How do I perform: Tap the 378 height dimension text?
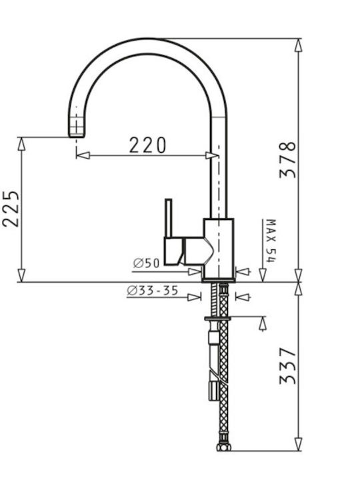click(288, 159)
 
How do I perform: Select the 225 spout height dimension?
click(11, 209)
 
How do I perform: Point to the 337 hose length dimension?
click(288, 365)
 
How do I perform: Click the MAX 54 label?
click(271, 241)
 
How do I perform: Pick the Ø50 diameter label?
click(147, 263)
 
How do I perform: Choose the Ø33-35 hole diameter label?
click(153, 291)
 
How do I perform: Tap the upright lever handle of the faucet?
click(169, 218)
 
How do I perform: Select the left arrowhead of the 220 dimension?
click(83, 155)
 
